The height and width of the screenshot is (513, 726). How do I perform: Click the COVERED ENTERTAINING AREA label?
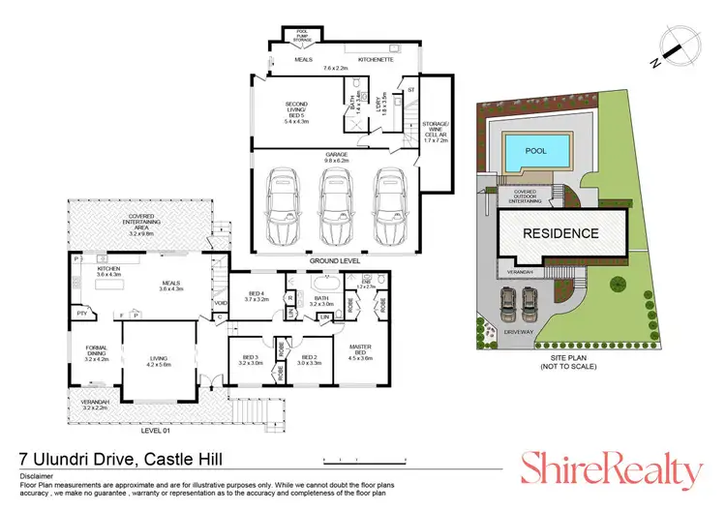(x=142, y=227)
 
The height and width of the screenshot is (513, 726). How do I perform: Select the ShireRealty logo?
(x=612, y=471)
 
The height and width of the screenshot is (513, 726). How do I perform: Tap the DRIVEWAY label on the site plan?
(x=518, y=331)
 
